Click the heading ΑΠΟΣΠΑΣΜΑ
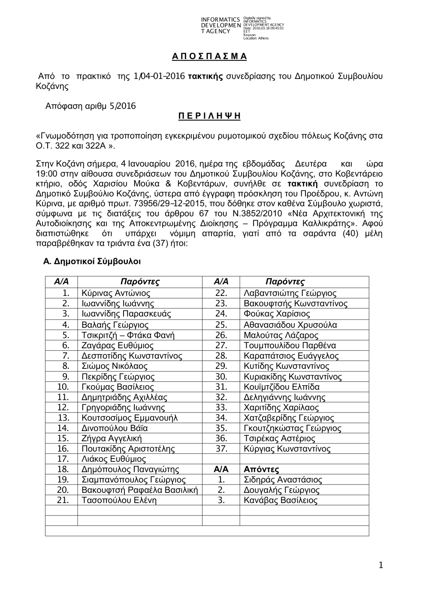[209, 57]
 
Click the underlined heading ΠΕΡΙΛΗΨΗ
[209, 116]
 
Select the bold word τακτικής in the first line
[205, 76]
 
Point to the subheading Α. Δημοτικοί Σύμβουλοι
[92, 261]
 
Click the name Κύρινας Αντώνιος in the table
[116, 293]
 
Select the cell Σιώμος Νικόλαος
[115, 366]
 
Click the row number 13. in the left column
[63, 418]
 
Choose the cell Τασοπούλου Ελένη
[119, 500]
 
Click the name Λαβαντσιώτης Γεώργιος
[290, 293]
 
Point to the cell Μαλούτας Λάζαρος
[281, 335]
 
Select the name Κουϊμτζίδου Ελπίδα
[281, 387]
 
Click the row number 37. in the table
[221, 449]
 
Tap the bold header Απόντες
[261, 469]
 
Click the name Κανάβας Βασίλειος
[281, 500]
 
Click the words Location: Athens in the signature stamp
[256, 38]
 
